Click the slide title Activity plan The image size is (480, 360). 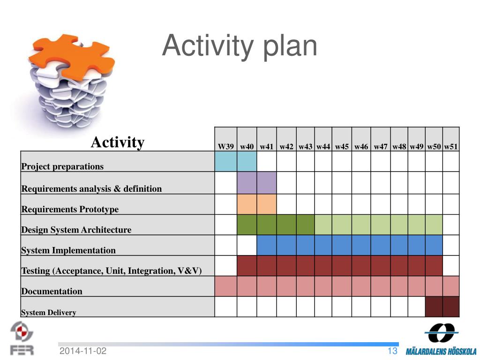[240, 46]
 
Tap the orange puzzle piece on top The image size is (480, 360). [74, 57]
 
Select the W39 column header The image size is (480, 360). [225, 147]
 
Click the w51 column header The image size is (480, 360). [451, 147]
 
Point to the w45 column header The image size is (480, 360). [342, 147]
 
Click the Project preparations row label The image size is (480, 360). [62, 166]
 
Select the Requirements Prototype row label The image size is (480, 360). [70, 209]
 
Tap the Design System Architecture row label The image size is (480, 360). [76, 230]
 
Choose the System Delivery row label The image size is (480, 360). [48, 312]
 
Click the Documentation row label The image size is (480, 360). [52, 291]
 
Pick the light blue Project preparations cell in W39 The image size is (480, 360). [226, 161]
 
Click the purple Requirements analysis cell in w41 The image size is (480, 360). [267, 183]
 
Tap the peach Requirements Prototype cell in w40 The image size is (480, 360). [247, 204]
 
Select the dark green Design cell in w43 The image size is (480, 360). [306, 225]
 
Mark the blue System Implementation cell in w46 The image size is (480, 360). [361, 245]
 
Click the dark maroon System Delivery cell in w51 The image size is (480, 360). [451, 307]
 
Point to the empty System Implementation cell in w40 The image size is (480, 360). [247, 245]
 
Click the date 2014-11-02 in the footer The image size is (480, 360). [83, 351]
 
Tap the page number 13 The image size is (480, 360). [392, 351]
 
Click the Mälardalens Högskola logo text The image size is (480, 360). [441, 352]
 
